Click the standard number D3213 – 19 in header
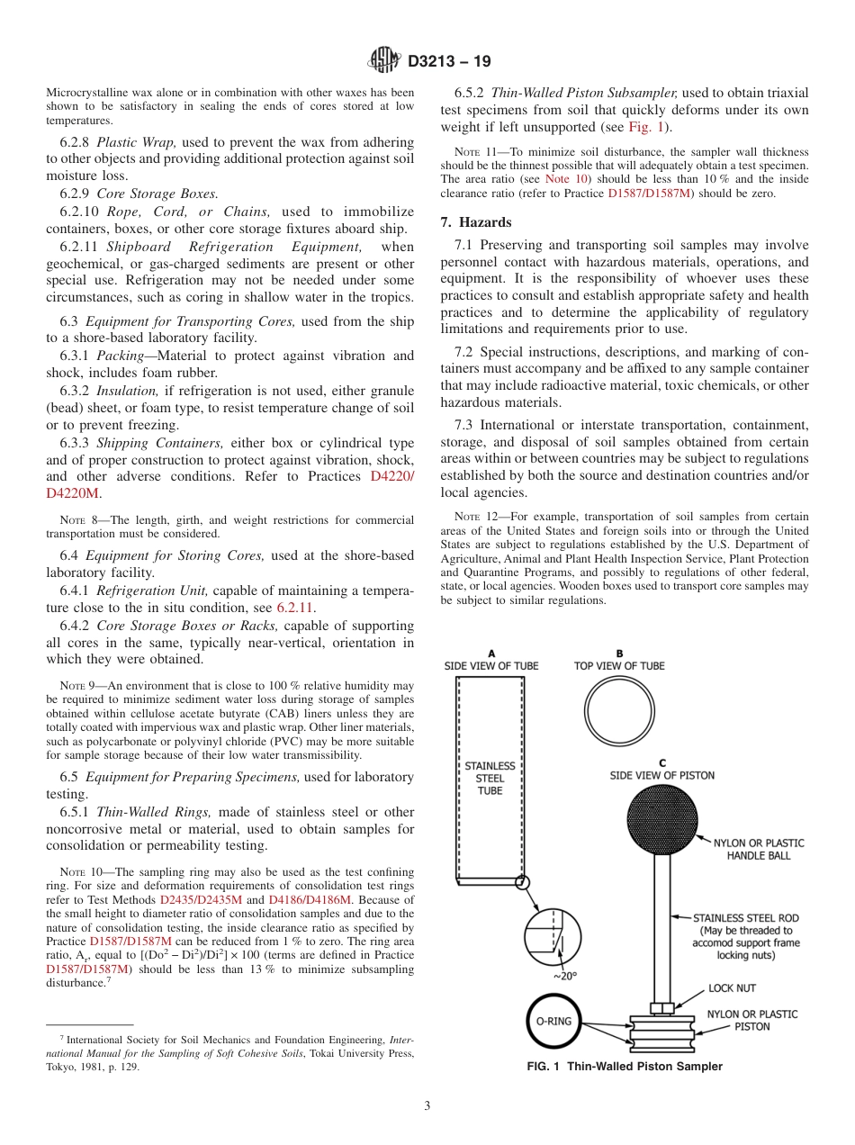449,62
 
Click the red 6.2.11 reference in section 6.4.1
294,608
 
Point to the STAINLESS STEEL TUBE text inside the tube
490,778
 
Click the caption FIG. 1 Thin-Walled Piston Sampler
625,1067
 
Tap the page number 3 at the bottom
427,1105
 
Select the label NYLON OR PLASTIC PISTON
751,1020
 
